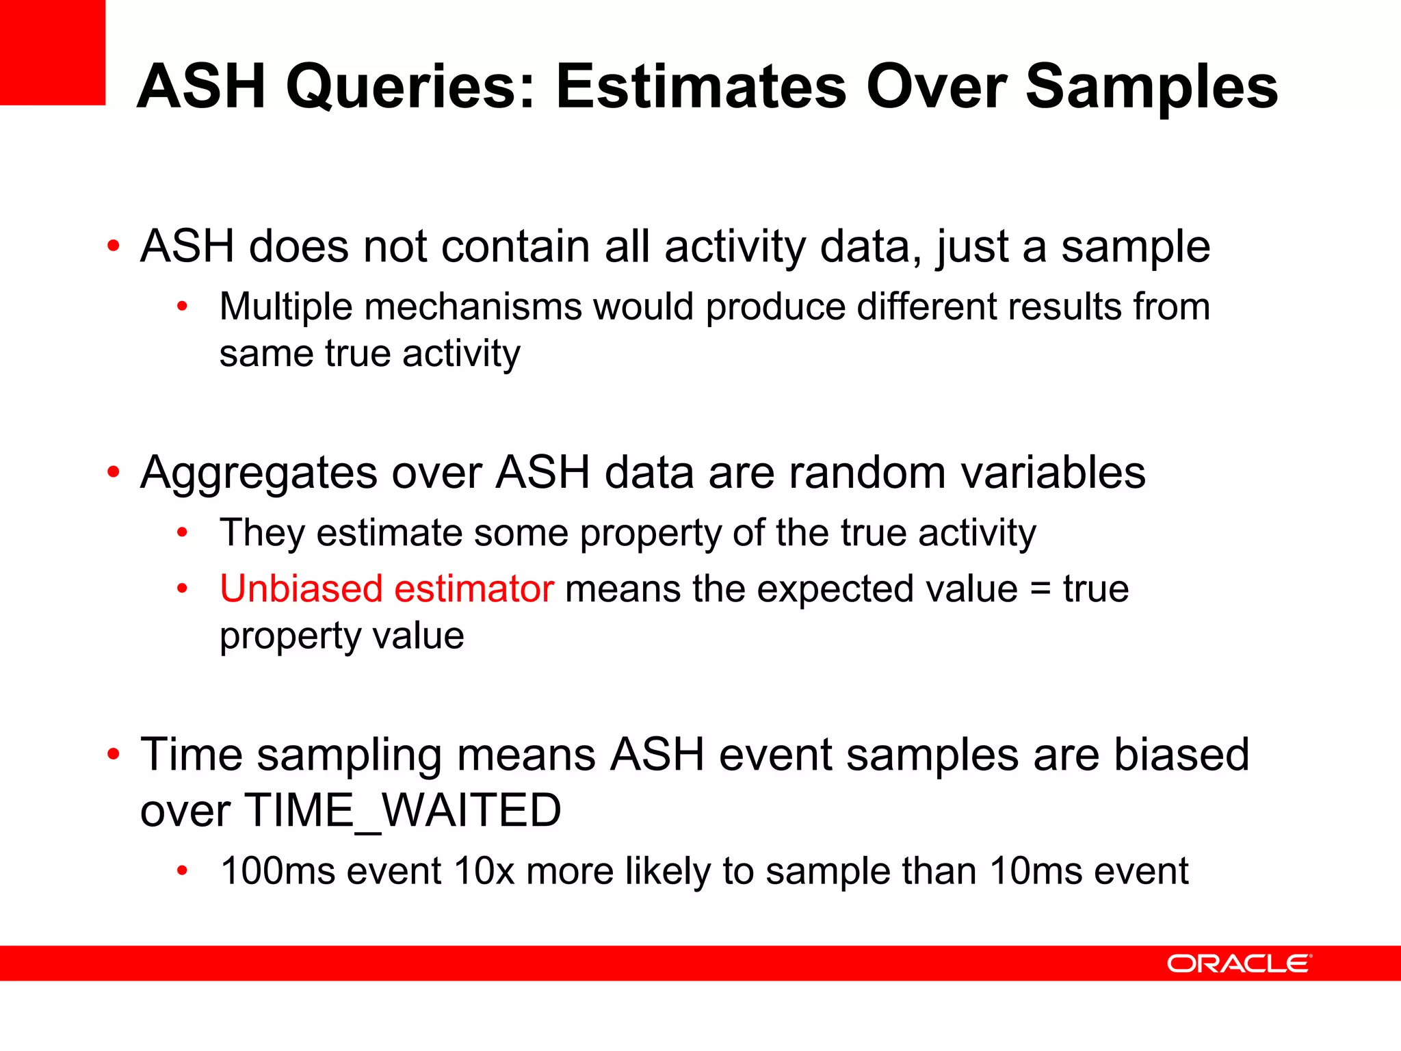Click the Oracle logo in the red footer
(1238, 963)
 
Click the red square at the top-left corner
(52, 52)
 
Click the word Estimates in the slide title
(701, 87)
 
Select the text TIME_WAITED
(402, 811)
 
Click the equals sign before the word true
(1040, 590)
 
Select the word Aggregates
(259, 473)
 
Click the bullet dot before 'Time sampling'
(114, 755)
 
